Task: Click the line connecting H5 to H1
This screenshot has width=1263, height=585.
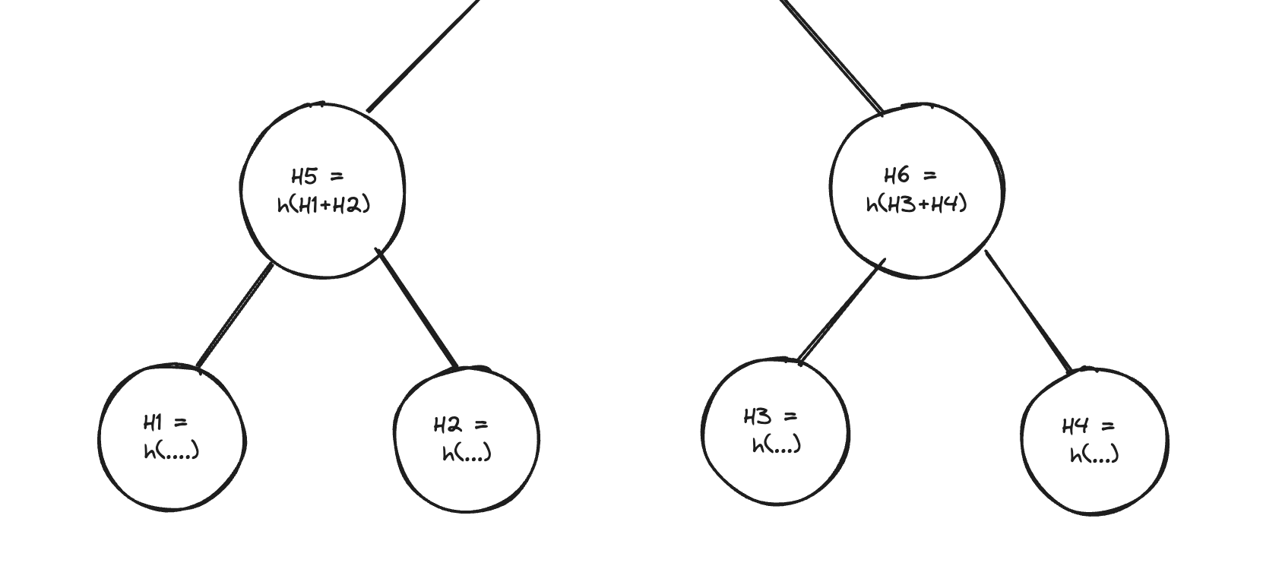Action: click(x=234, y=315)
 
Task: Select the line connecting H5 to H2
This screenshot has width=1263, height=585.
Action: click(x=417, y=308)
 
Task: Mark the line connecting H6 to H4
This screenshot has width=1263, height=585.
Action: click(x=1028, y=310)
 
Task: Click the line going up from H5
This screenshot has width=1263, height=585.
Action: click(x=423, y=55)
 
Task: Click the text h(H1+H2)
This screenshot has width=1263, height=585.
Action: click(x=324, y=204)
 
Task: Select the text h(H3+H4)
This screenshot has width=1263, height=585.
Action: click(x=916, y=204)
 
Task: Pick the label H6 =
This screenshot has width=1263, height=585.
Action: click(x=910, y=175)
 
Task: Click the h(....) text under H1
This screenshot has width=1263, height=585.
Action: click(x=172, y=451)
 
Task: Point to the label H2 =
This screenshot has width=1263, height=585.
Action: click(x=461, y=425)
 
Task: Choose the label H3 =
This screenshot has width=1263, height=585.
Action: click(x=770, y=416)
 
